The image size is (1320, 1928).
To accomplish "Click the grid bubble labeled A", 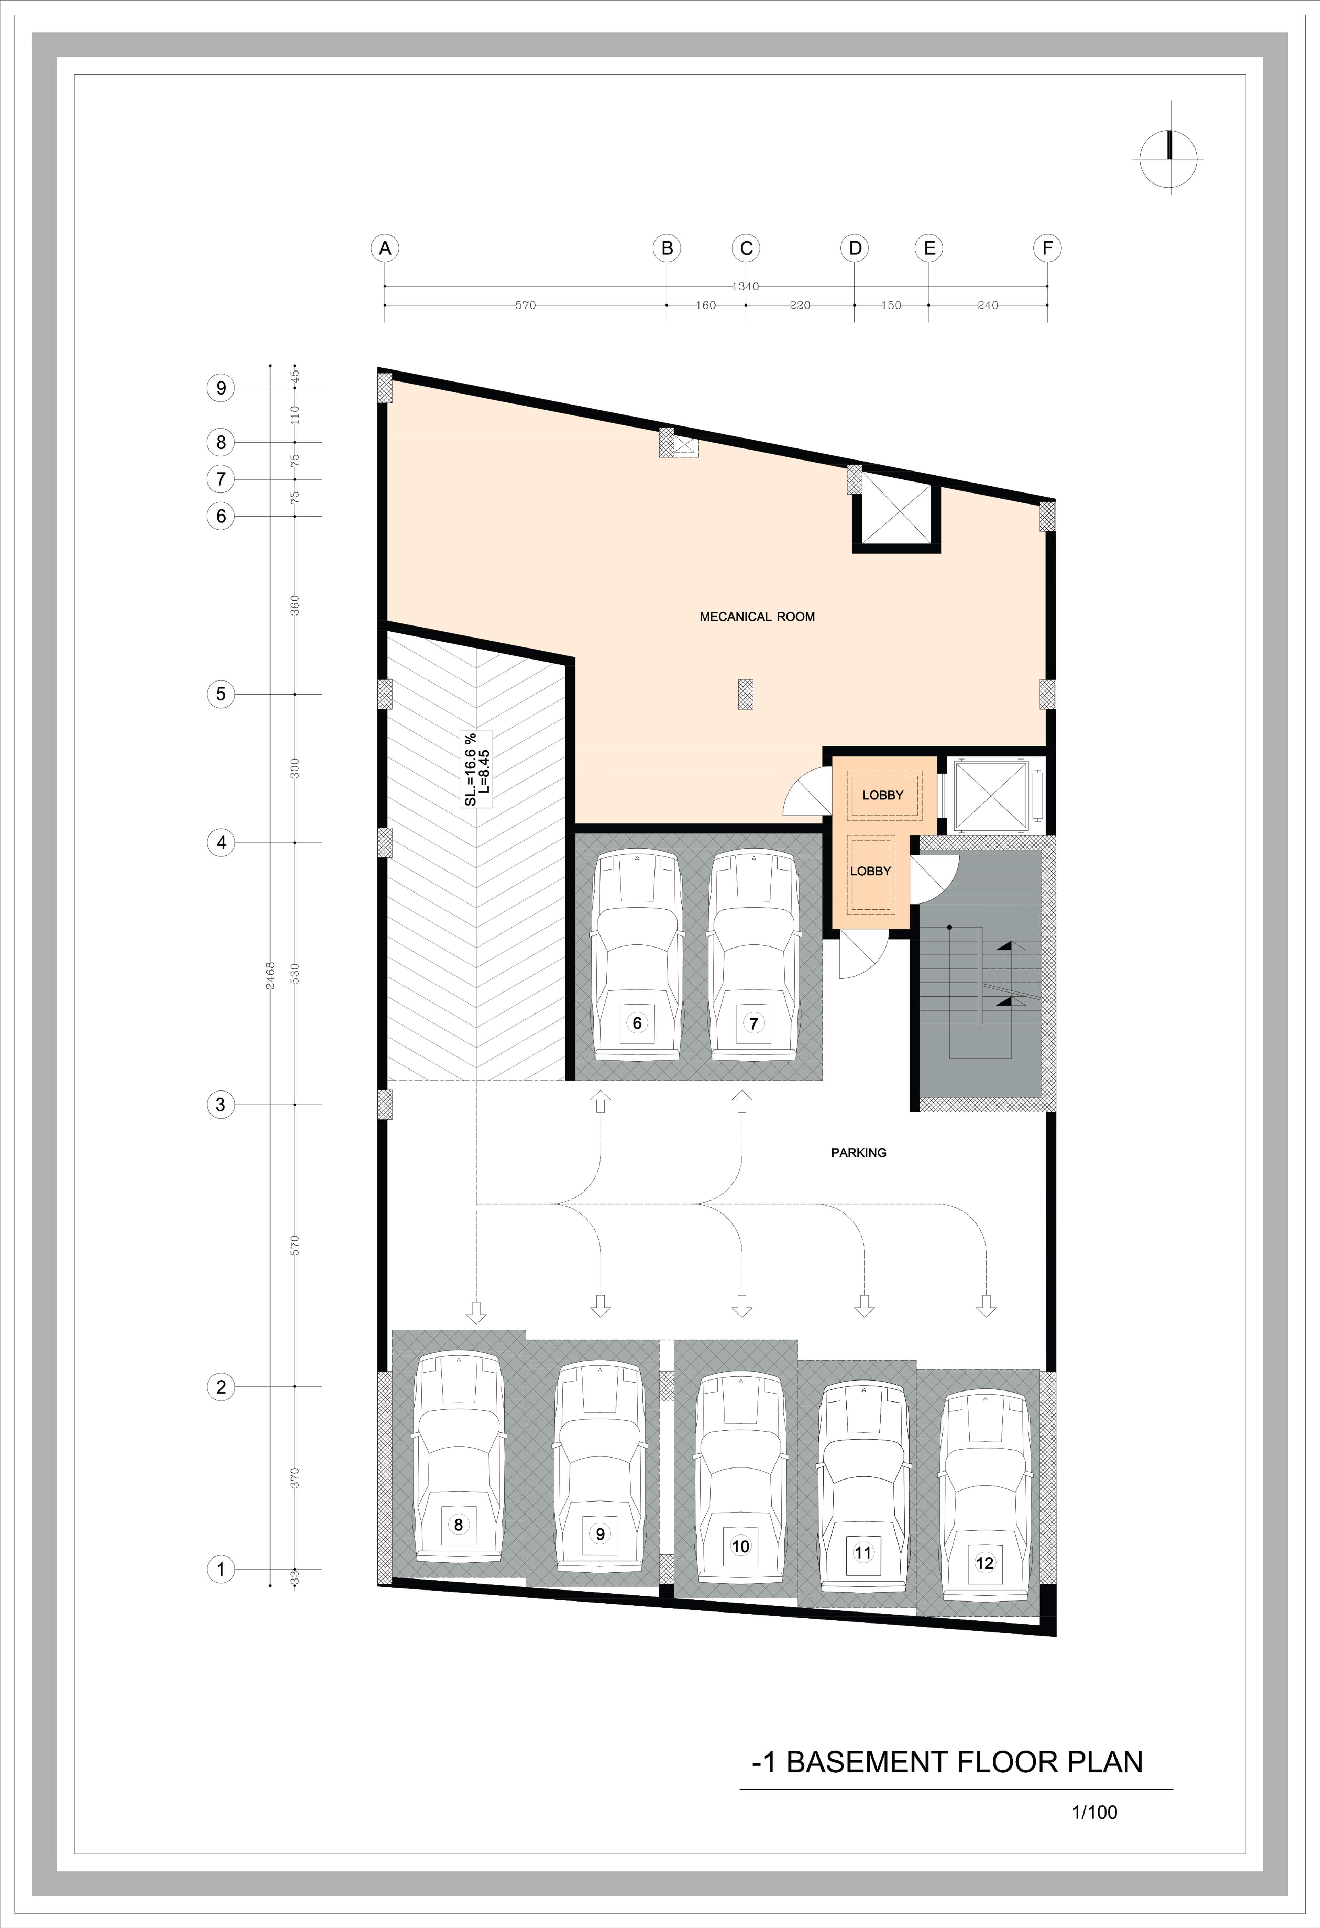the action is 385,248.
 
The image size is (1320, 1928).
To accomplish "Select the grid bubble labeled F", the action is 1048,248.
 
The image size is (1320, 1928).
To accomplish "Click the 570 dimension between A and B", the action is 525,305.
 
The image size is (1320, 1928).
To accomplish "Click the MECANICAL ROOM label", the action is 757,617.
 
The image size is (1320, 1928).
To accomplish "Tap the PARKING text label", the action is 859,1152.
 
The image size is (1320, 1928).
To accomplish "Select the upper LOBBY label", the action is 883,795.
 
